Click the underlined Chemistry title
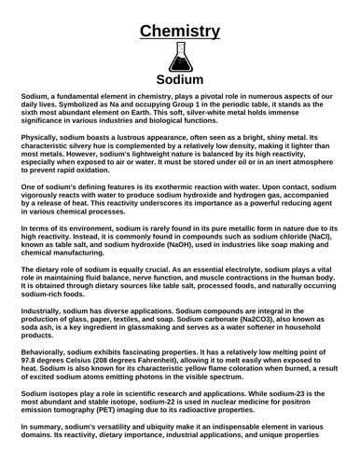[x=180, y=31]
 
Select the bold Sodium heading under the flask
[x=180, y=80]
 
